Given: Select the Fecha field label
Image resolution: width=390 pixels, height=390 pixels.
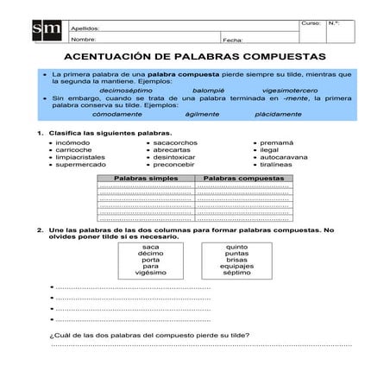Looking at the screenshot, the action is pyautogui.click(x=232, y=40).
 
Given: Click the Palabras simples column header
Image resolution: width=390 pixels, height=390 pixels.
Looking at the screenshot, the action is pyautogui.click(x=146, y=176).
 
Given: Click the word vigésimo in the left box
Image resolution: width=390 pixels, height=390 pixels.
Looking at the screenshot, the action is pyautogui.click(x=151, y=274).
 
